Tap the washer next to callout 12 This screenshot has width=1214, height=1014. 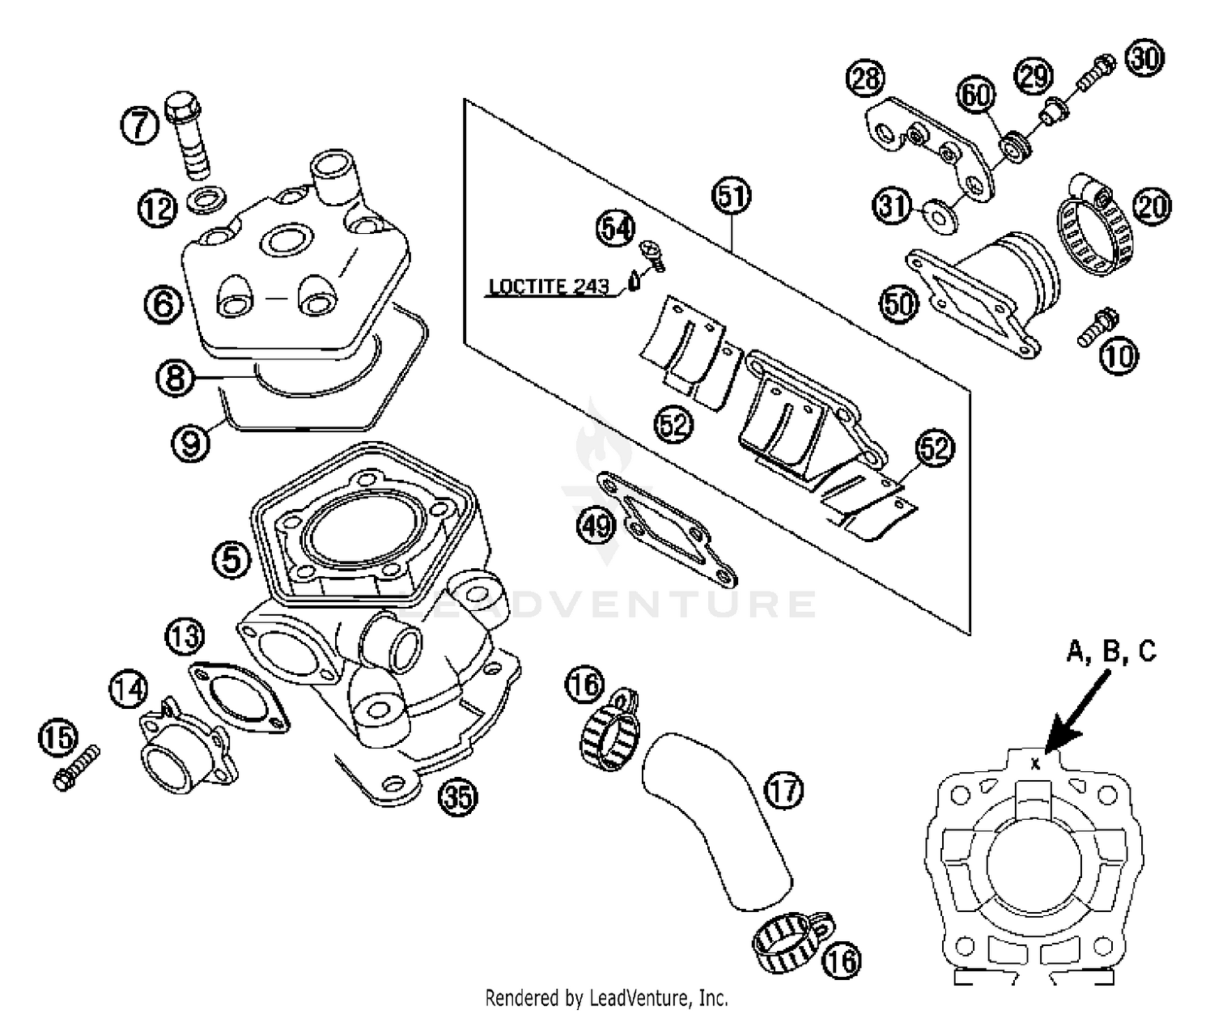pyautogui.click(x=205, y=197)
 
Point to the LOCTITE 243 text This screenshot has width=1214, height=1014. pyautogui.click(x=549, y=287)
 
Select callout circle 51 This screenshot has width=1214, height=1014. pyautogui.click(x=731, y=197)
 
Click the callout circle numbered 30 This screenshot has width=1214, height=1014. pyautogui.click(x=1144, y=58)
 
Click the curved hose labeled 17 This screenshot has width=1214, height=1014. pyautogui.click(x=712, y=817)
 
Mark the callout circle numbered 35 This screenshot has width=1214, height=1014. pyautogui.click(x=457, y=798)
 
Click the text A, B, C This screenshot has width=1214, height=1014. pyautogui.click(x=1110, y=651)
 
